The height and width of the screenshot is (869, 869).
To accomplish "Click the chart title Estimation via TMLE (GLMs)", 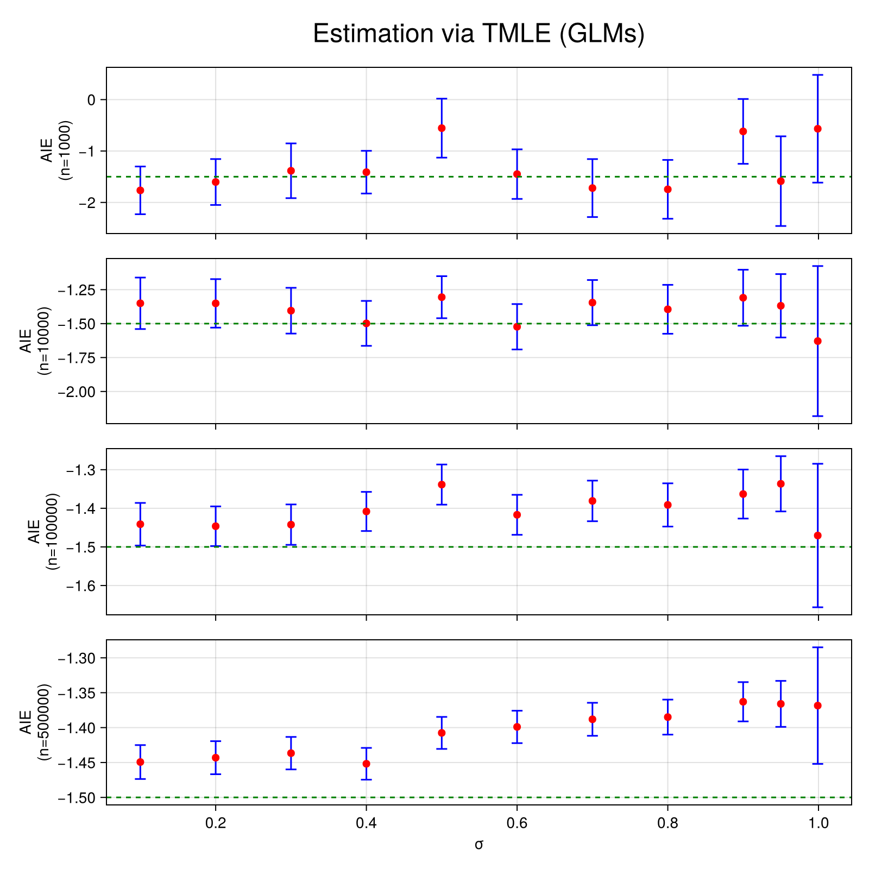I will click(x=478, y=34).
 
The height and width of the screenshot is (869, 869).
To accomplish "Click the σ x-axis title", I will click(x=478, y=844).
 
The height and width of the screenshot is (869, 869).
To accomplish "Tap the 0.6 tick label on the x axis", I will click(x=517, y=823).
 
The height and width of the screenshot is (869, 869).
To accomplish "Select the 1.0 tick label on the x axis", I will click(x=818, y=823).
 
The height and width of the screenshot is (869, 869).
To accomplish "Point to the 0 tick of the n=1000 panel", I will click(x=91, y=99).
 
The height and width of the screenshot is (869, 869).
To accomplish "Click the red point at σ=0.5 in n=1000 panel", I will click(x=442, y=128).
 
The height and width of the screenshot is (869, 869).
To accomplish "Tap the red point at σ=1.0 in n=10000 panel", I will click(x=818, y=341).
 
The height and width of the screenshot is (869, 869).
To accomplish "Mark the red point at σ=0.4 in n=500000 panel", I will click(x=366, y=764).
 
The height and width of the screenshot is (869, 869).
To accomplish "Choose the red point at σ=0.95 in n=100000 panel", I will click(x=781, y=484).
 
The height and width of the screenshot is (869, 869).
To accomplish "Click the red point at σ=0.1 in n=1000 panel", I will click(x=140, y=190).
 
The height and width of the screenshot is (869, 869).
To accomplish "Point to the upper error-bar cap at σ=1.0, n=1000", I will click(x=818, y=75).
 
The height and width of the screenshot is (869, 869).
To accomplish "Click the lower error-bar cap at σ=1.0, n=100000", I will click(x=818, y=607).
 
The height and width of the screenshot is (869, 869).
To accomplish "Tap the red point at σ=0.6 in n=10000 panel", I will click(x=517, y=326).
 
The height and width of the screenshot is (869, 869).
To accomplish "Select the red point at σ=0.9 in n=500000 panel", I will click(x=743, y=702).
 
